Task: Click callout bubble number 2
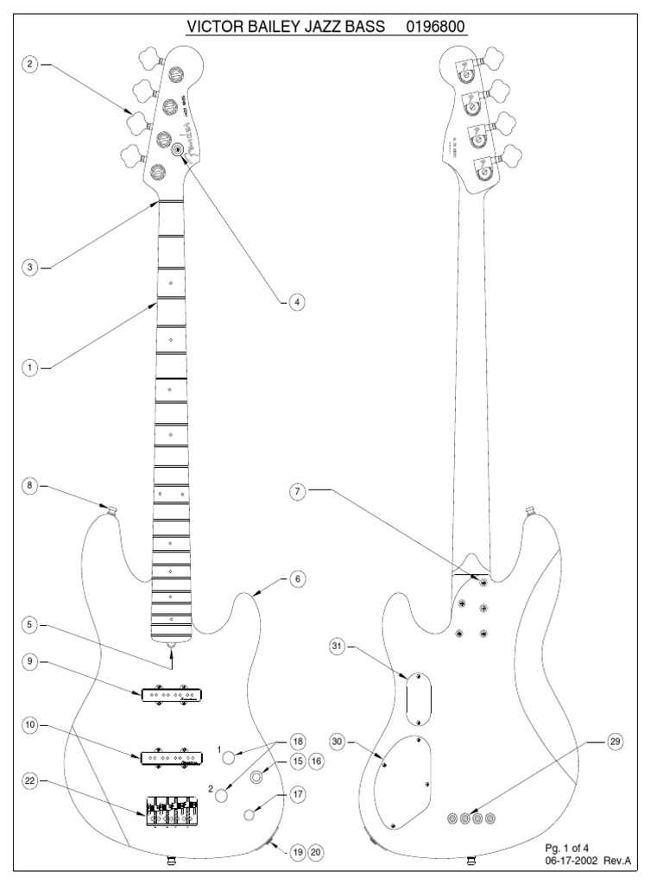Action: pyautogui.click(x=30, y=65)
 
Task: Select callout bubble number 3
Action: pyautogui.click(x=30, y=268)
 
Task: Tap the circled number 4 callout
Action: pyautogui.click(x=296, y=302)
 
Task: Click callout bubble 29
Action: pyautogui.click(x=615, y=742)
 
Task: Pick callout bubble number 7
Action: pyautogui.click(x=298, y=491)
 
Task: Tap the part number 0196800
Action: pyautogui.click(x=436, y=28)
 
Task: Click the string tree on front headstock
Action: pyautogui.click(x=179, y=150)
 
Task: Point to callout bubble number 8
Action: pyautogui.click(x=30, y=486)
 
